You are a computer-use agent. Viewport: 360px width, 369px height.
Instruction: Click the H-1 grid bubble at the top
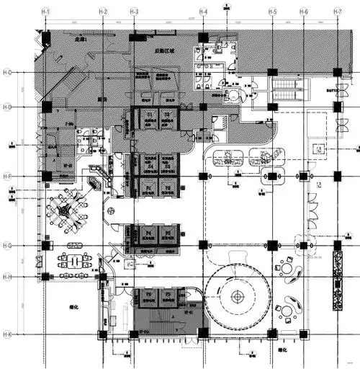[45, 13]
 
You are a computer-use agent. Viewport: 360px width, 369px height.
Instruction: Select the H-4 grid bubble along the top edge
[204, 13]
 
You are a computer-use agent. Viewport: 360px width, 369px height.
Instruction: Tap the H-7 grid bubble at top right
[338, 13]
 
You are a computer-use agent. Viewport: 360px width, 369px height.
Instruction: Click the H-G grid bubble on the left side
[6, 246]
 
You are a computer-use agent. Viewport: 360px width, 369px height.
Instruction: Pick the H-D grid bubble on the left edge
[6, 107]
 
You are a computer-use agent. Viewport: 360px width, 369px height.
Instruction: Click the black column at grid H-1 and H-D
[46, 107]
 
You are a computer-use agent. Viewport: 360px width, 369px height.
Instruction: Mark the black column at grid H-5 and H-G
[272, 246]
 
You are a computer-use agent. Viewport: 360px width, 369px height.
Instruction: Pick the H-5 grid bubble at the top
[272, 13]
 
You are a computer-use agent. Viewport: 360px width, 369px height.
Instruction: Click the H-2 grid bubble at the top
[103, 13]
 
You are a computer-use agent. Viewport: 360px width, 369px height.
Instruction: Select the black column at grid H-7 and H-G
[336, 246]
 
